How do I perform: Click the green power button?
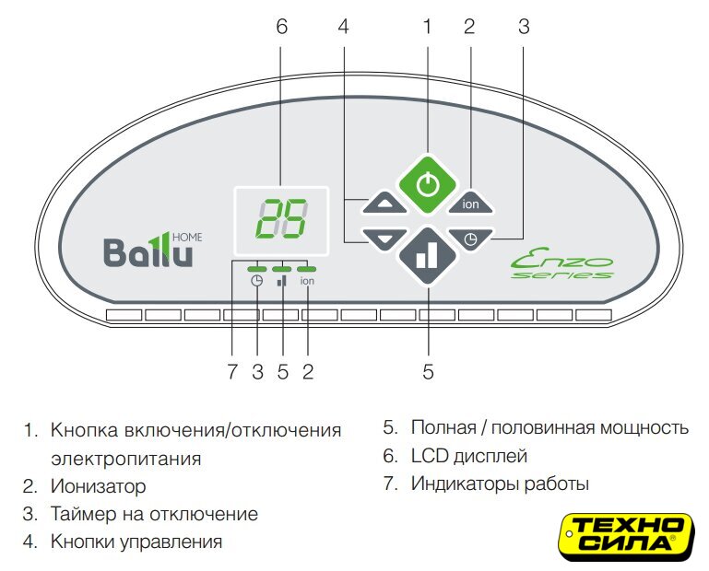point(427,184)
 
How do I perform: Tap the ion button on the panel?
point(470,202)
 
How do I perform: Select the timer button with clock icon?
point(470,238)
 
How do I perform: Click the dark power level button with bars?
point(427,256)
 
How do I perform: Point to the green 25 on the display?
point(282,219)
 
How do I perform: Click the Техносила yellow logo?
point(626,536)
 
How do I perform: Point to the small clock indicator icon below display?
point(256,281)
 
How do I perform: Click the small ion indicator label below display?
point(307,281)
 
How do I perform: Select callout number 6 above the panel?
point(281,26)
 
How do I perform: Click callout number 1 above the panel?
point(426,26)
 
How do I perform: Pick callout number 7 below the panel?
point(232,372)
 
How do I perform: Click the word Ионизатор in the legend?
point(98,486)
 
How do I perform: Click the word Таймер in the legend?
point(83,514)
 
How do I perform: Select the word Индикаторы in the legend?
point(465,484)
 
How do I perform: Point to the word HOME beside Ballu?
point(188,238)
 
